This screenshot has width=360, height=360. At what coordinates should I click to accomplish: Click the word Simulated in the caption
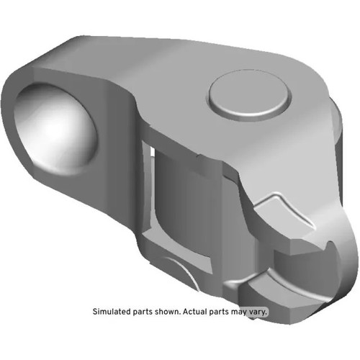pyautogui.click(x=112, y=312)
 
